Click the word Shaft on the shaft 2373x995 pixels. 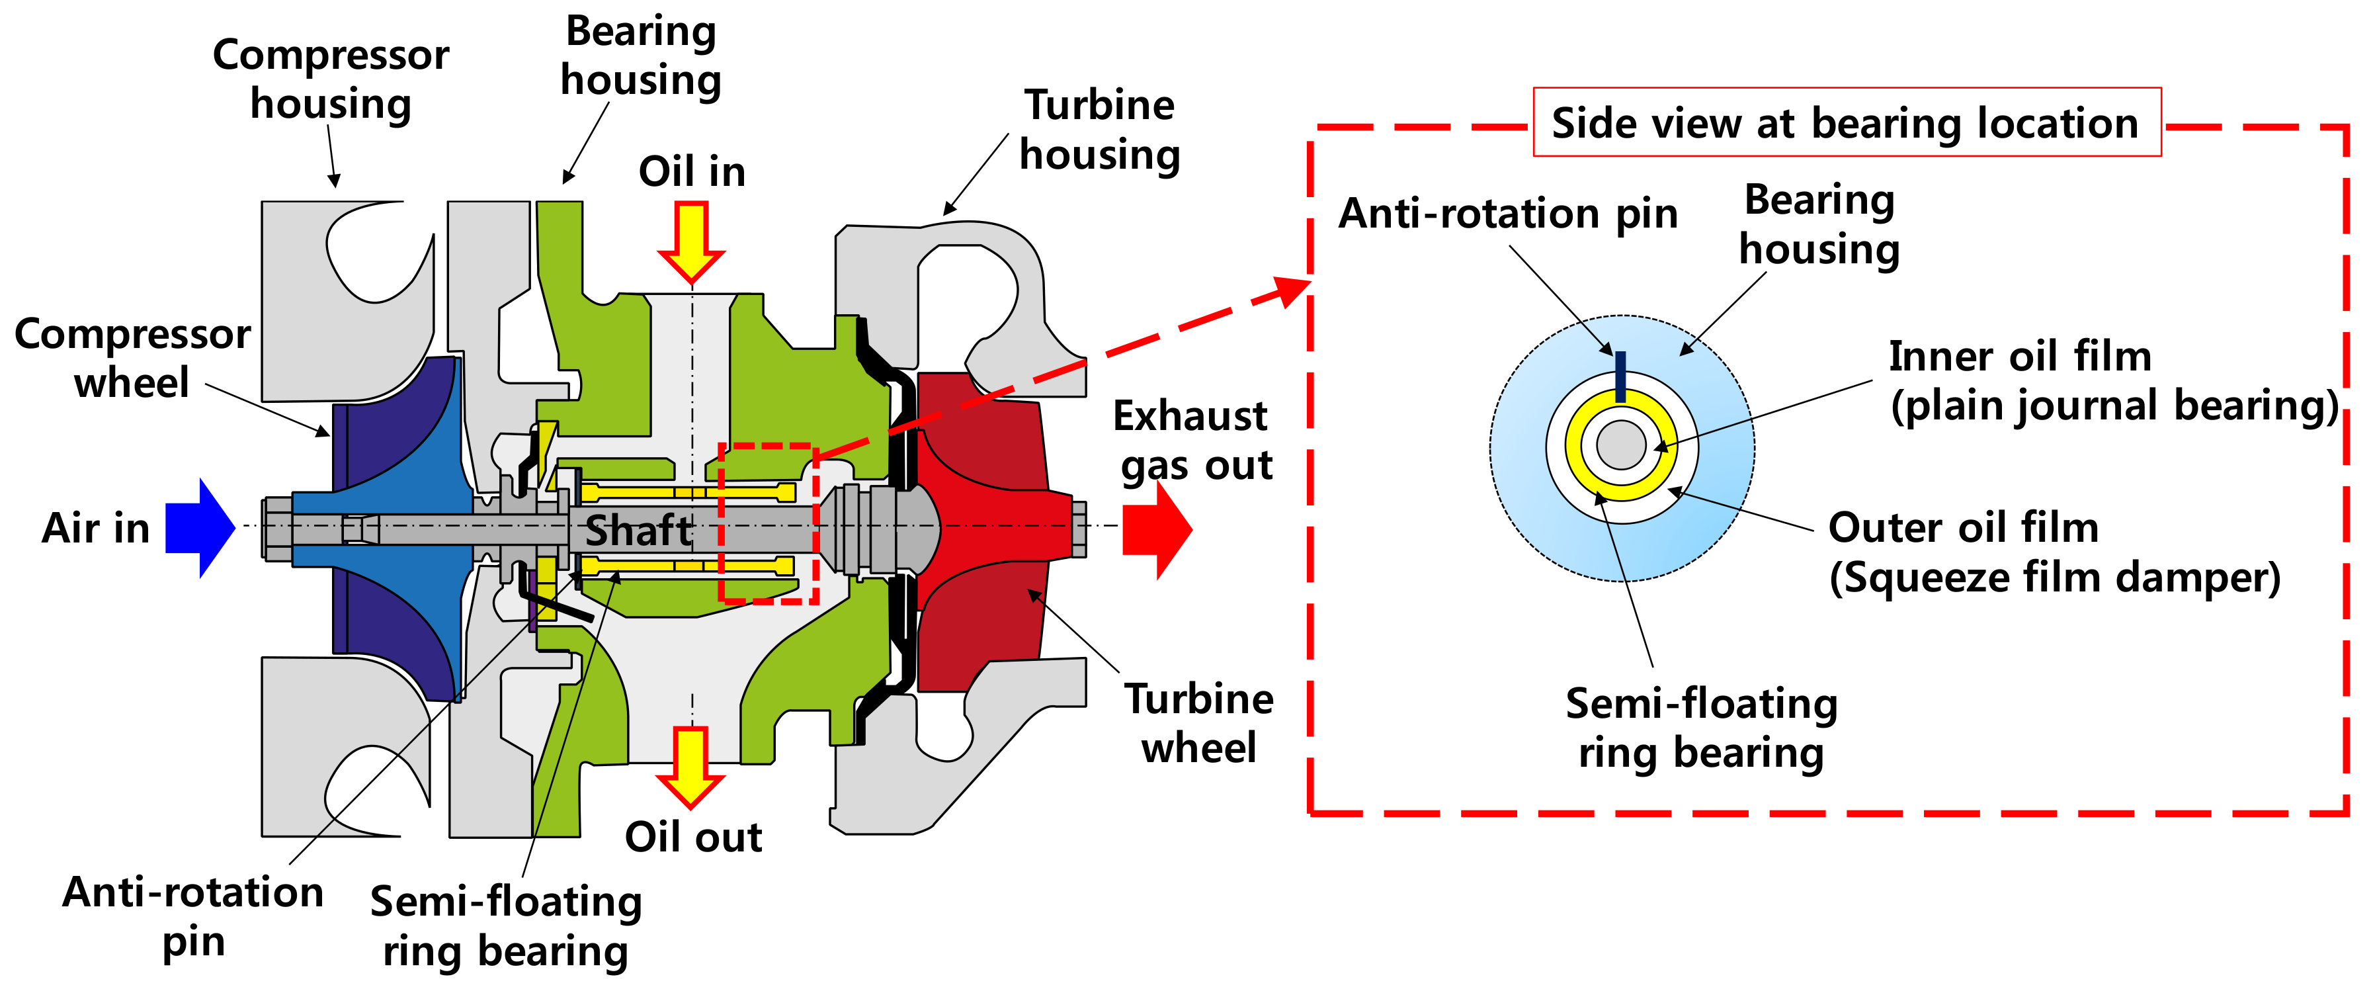point(638,531)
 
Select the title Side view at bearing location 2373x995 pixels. point(1845,122)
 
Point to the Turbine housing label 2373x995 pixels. point(1099,130)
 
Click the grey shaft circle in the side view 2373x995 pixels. point(1621,446)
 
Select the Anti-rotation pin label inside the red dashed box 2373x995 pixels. point(1508,214)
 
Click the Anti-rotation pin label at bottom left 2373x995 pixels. point(192,917)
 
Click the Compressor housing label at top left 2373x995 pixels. point(331,79)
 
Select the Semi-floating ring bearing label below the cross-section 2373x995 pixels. point(506,926)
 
